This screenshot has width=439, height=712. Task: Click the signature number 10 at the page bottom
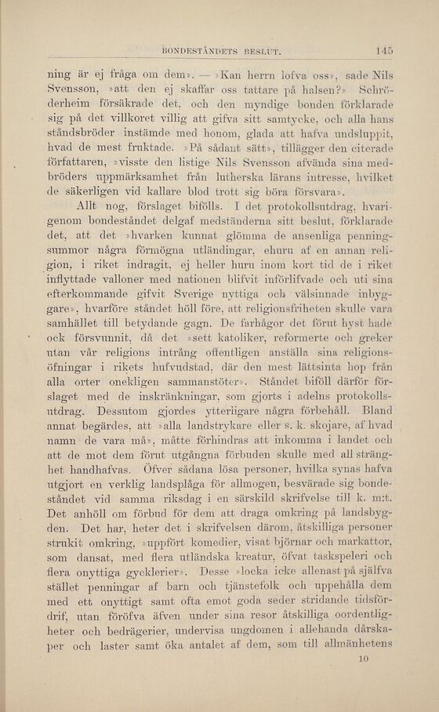coord(361,659)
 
